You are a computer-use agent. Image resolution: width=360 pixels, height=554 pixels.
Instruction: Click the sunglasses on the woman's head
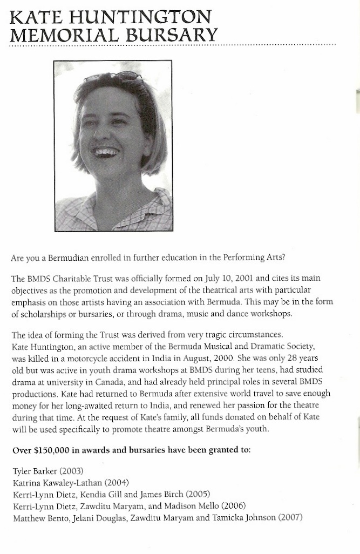[113, 77]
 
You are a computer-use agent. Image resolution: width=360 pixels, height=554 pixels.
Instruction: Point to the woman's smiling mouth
[107, 152]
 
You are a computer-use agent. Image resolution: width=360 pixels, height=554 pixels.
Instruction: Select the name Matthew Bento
[37, 518]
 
